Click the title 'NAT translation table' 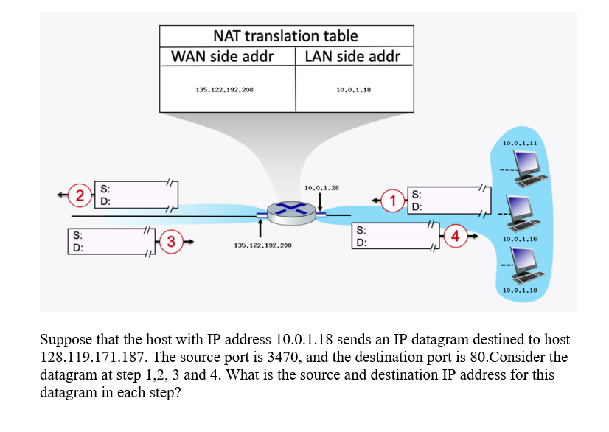pyautogui.click(x=285, y=35)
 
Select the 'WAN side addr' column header pyautogui.click(x=223, y=57)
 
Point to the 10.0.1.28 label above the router pyautogui.click(x=321, y=188)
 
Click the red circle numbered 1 pyautogui.click(x=394, y=200)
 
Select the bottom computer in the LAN pyautogui.click(x=526, y=263)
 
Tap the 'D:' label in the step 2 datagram pyautogui.click(x=106, y=201)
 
